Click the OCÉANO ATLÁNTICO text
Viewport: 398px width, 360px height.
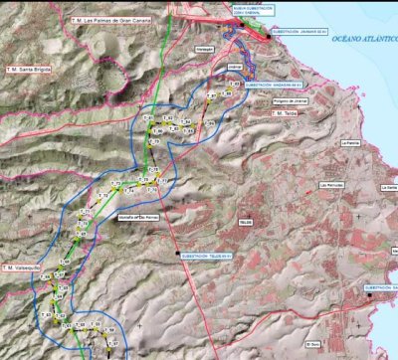tap(362, 37)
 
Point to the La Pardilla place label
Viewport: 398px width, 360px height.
tap(349, 143)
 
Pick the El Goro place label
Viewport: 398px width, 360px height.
tap(312, 344)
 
